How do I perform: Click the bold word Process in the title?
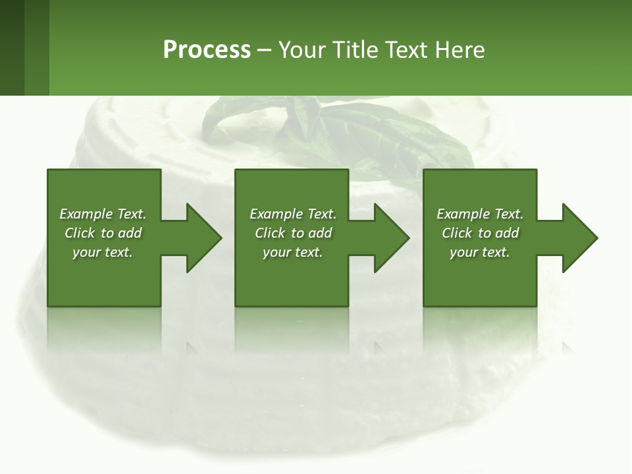click(x=207, y=50)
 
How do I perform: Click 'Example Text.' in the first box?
click(x=103, y=214)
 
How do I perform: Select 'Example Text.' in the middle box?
click(x=293, y=214)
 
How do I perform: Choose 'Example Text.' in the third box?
click(x=480, y=214)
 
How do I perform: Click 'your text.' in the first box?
click(x=103, y=252)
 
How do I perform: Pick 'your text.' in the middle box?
click(x=293, y=252)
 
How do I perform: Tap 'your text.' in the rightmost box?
click(x=480, y=252)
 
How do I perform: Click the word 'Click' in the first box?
click(x=80, y=233)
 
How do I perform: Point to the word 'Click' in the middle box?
click(x=270, y=233)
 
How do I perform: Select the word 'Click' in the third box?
click(x=457, y=233)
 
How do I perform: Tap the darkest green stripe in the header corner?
click(x=12, y=47)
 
